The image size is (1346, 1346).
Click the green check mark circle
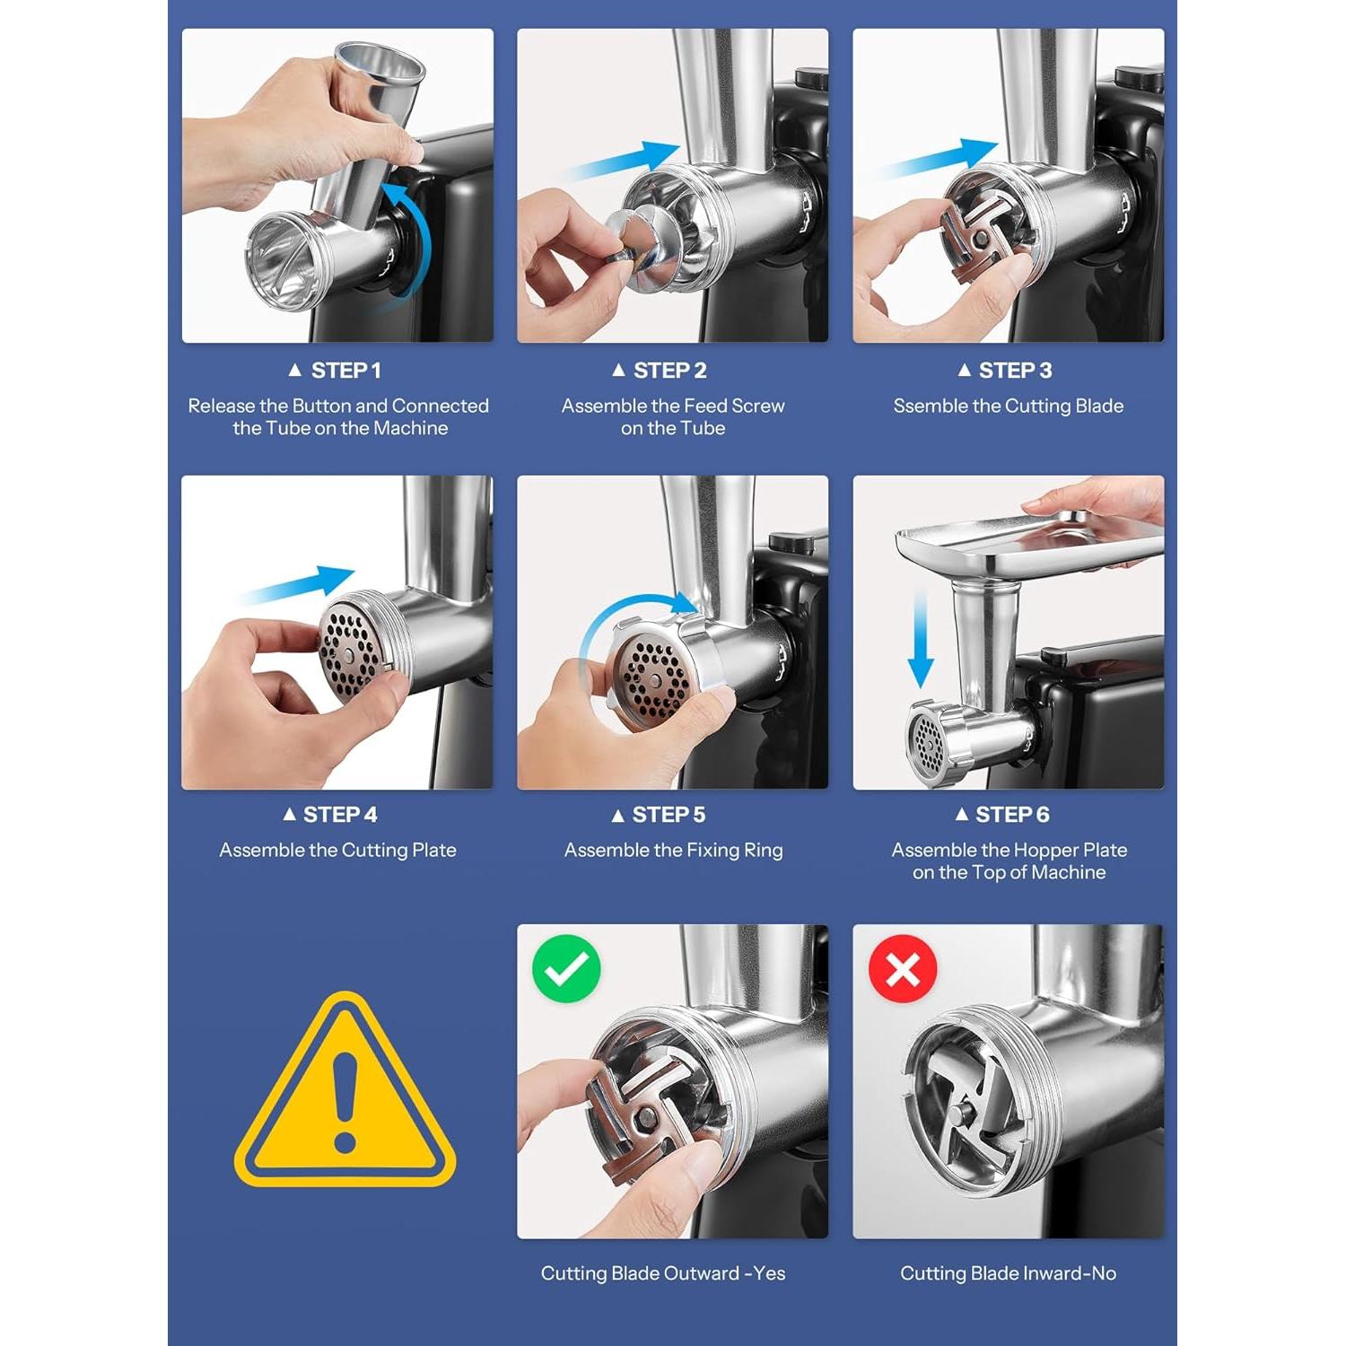coord(566,968)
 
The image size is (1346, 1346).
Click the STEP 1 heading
coord(335,370)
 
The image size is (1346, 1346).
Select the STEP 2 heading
coord(660,370)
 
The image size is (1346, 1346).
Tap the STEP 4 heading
coord(330,814)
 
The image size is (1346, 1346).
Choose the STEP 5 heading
coord(659,814)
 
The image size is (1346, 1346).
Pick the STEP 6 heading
coord(1002,814)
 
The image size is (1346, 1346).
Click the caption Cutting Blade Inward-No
coord(1008,1272)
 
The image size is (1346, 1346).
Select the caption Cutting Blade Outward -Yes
coord(663,1272)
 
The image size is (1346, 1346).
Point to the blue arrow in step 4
coord(296,584)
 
